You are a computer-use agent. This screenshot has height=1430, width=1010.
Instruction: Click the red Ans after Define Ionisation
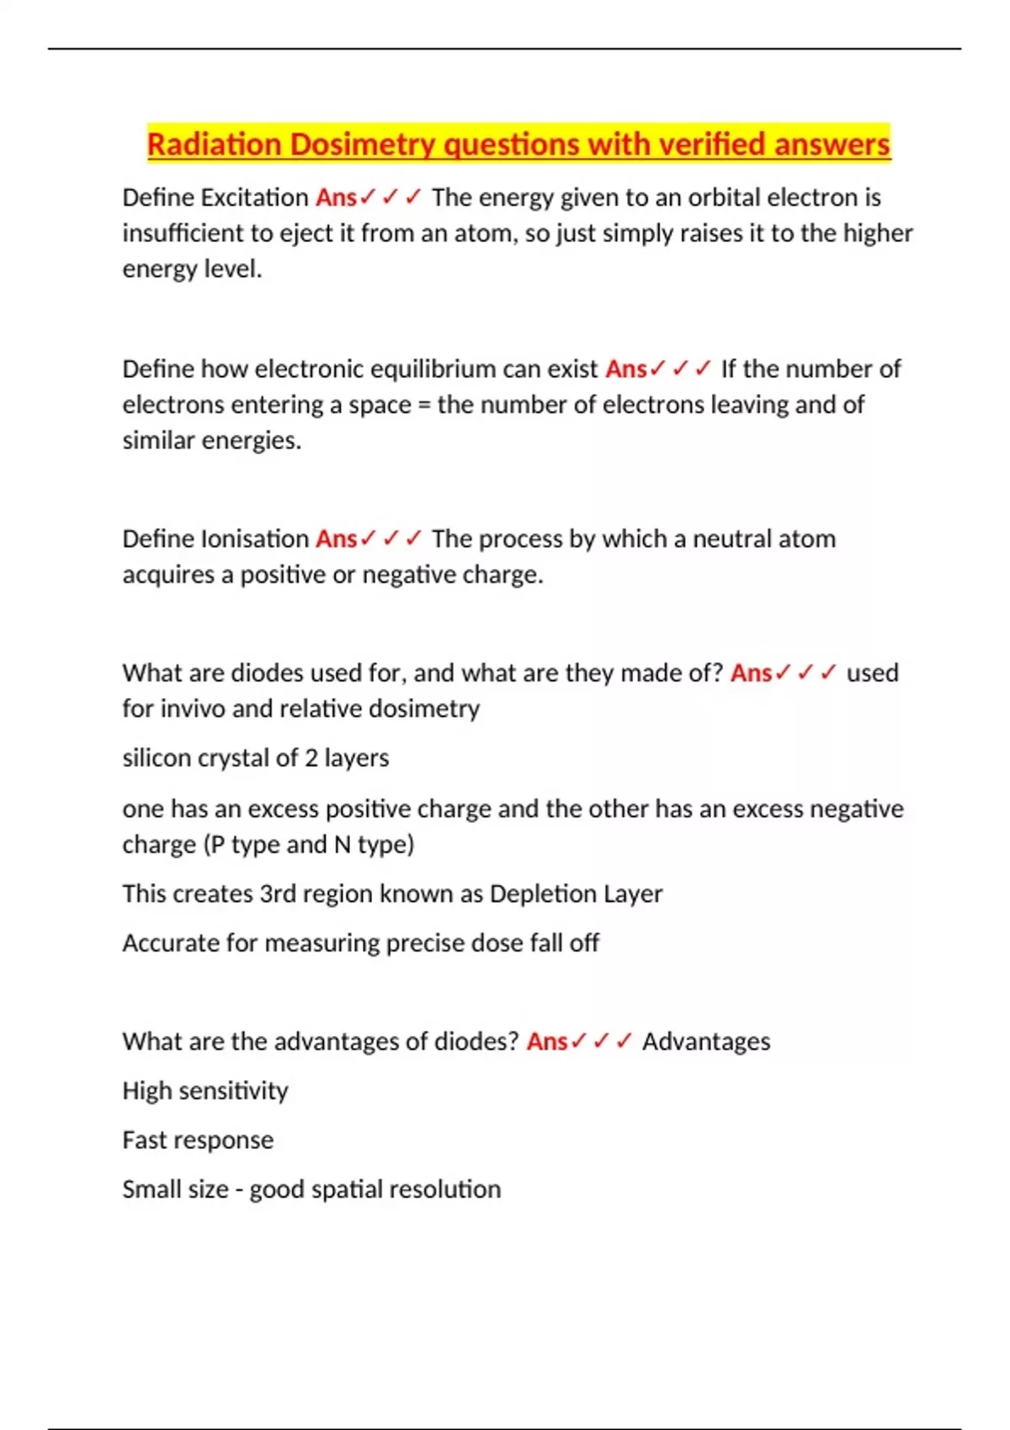(336, 539)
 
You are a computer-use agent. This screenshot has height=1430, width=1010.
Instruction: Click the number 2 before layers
(311, 759)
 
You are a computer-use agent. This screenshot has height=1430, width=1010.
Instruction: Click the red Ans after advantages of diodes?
(547, 1042)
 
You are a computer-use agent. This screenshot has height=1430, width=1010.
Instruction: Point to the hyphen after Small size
(239, 1190)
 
